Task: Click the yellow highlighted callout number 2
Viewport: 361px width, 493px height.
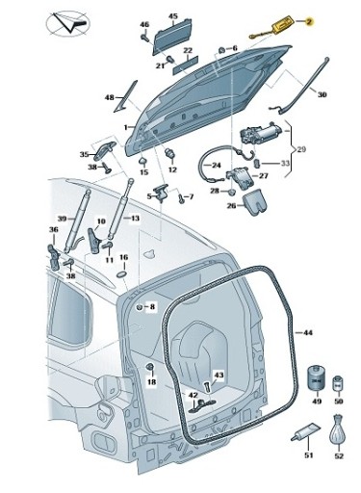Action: coord(310,20)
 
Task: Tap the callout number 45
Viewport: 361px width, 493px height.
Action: coord(172,16)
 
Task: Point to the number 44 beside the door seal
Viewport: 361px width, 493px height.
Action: coord(308,332)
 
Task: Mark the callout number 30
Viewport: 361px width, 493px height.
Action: coord(322,94)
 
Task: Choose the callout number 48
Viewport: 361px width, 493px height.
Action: coord(110,97)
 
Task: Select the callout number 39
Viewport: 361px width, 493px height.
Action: coord(61,219)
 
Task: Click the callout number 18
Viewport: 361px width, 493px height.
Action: coord(151,382)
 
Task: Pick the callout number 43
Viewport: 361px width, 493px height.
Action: coord(219,375)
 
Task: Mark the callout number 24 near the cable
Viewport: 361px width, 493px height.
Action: coord(215,165)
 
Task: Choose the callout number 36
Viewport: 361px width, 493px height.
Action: coord(54,229)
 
